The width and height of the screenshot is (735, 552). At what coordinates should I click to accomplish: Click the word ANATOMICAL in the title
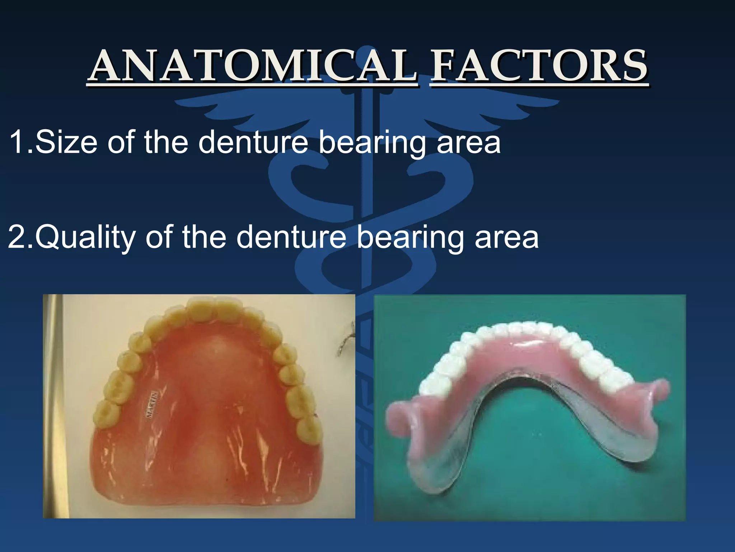pos(253,66)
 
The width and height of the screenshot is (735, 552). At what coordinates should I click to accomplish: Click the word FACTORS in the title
pos(538,66)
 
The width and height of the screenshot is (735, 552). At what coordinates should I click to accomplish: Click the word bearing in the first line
pos(371,143)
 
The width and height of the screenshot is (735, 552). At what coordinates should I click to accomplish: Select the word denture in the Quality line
pos(291,237)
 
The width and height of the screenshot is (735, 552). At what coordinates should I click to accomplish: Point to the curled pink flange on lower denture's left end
pos(402,417)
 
